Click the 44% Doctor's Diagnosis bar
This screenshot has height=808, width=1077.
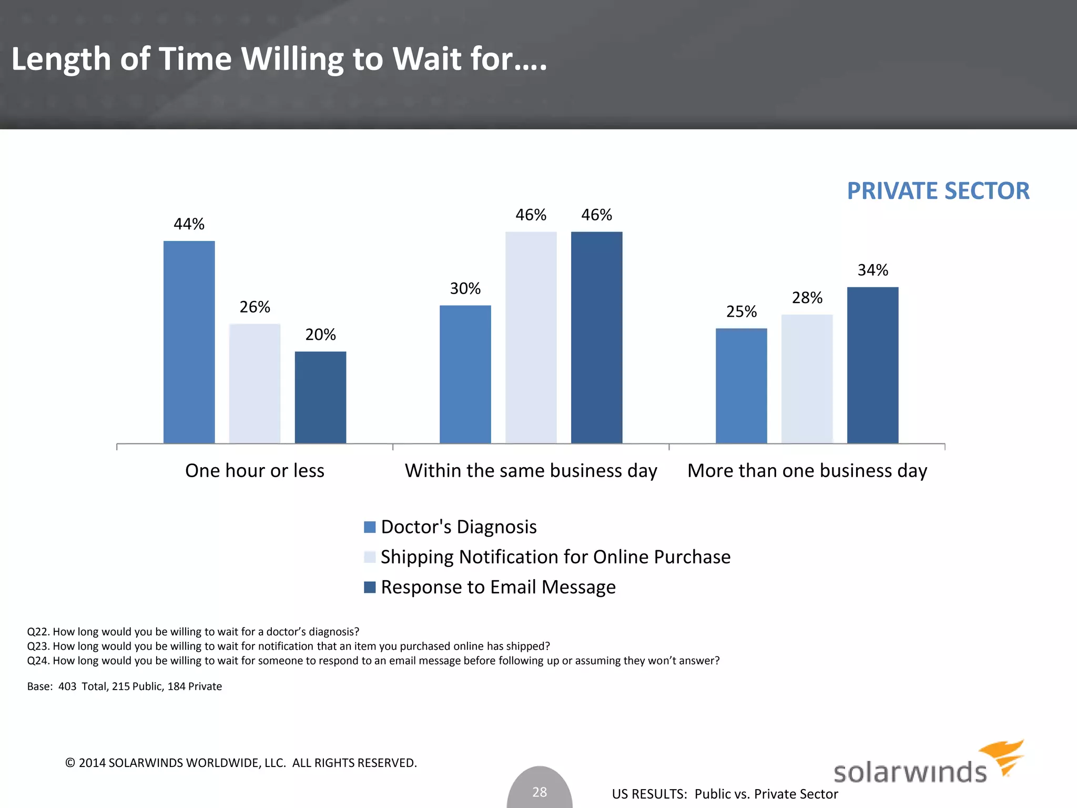189,342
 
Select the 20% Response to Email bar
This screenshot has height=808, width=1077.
320,397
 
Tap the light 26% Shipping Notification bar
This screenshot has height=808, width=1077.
255,383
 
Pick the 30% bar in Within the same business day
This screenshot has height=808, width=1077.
465,374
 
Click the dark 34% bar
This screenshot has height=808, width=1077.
872,365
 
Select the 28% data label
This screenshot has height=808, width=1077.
807,298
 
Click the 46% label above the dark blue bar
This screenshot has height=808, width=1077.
596,215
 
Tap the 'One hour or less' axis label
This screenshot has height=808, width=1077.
255,471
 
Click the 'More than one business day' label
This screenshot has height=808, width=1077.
807,471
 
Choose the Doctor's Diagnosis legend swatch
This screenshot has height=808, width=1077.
370,527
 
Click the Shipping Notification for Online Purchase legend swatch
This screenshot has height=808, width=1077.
370,557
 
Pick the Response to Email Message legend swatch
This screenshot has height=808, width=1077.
370,587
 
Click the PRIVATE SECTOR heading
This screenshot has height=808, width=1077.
938,191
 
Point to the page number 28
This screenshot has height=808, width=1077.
540,792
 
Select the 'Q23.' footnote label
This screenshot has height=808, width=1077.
38,647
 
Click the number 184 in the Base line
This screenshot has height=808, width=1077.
176,686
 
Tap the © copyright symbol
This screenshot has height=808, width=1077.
70,763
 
